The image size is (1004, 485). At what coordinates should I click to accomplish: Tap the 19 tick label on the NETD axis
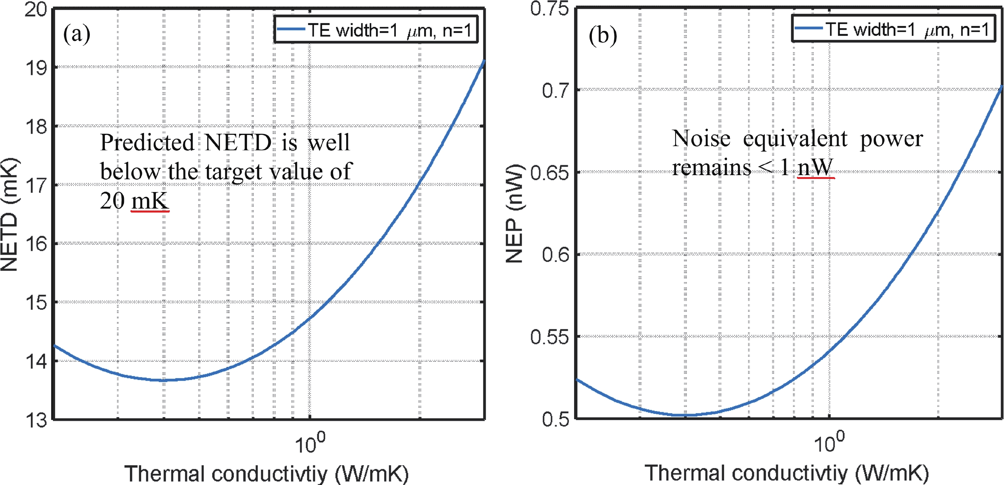tap(36, 68)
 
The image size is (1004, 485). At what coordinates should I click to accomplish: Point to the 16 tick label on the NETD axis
tap(36, 244)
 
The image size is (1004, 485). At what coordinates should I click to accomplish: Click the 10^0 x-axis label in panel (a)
tap(310, 444)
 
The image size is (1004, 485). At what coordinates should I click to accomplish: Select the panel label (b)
tap(602, 36)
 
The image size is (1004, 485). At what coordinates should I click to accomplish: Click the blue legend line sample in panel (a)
tap(291, 29)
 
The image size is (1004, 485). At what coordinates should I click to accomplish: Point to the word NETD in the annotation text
tap(238, 142)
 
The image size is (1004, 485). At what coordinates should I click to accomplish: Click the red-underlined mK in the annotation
tap(150, 201)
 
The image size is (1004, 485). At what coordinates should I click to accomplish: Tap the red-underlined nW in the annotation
tap(815, 168)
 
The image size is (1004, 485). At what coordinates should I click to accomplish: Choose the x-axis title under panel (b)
tap(787, 473)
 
